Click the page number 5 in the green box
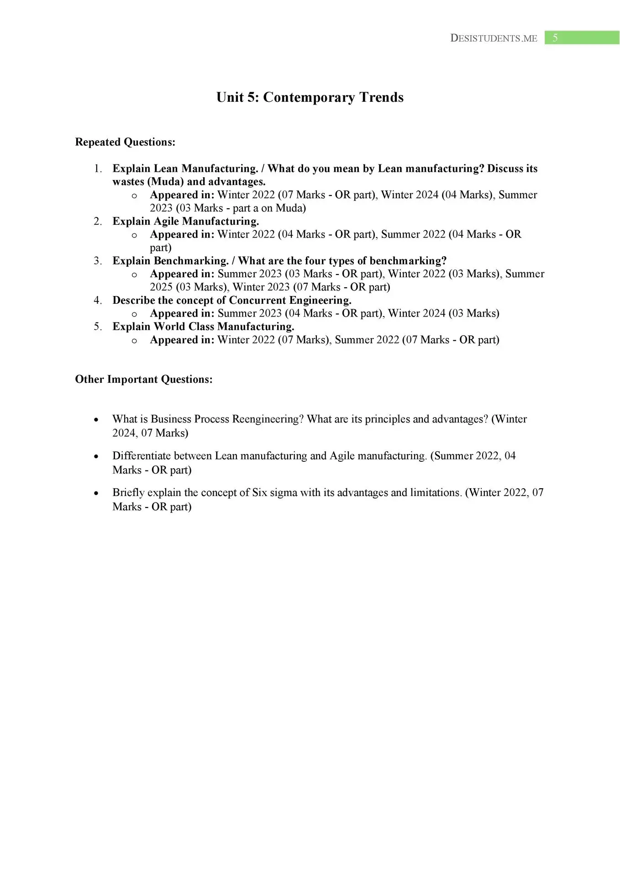[555, 38]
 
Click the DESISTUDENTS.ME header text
[494, 38]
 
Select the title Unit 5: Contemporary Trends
[310, 97]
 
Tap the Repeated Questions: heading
[125, 142]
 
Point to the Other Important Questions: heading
[144, 379]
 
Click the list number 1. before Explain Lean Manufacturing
[98, 169]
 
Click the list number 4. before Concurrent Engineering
[98, 300]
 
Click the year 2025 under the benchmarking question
[161, 287]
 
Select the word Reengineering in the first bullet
[267, 419]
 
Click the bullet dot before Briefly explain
[96, 493]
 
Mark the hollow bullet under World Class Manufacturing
[134, 340]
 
